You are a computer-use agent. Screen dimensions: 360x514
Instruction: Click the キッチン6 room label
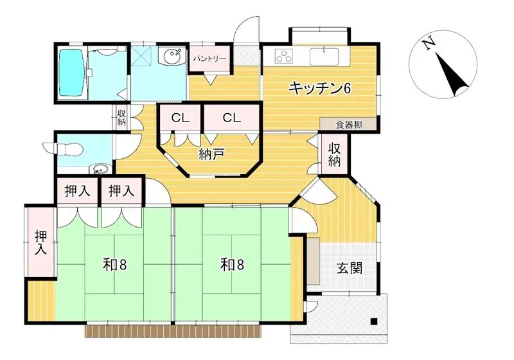point(319,88)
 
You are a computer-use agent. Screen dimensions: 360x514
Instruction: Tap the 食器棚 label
point(349,125)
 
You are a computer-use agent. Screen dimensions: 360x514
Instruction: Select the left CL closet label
point(180,118)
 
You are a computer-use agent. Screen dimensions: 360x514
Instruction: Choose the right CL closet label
point(231,118)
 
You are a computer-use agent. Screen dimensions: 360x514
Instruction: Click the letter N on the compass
point(427,43)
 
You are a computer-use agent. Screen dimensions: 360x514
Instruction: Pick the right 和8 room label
point(231,264)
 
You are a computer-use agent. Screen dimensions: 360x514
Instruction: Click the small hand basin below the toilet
point(98,169)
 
